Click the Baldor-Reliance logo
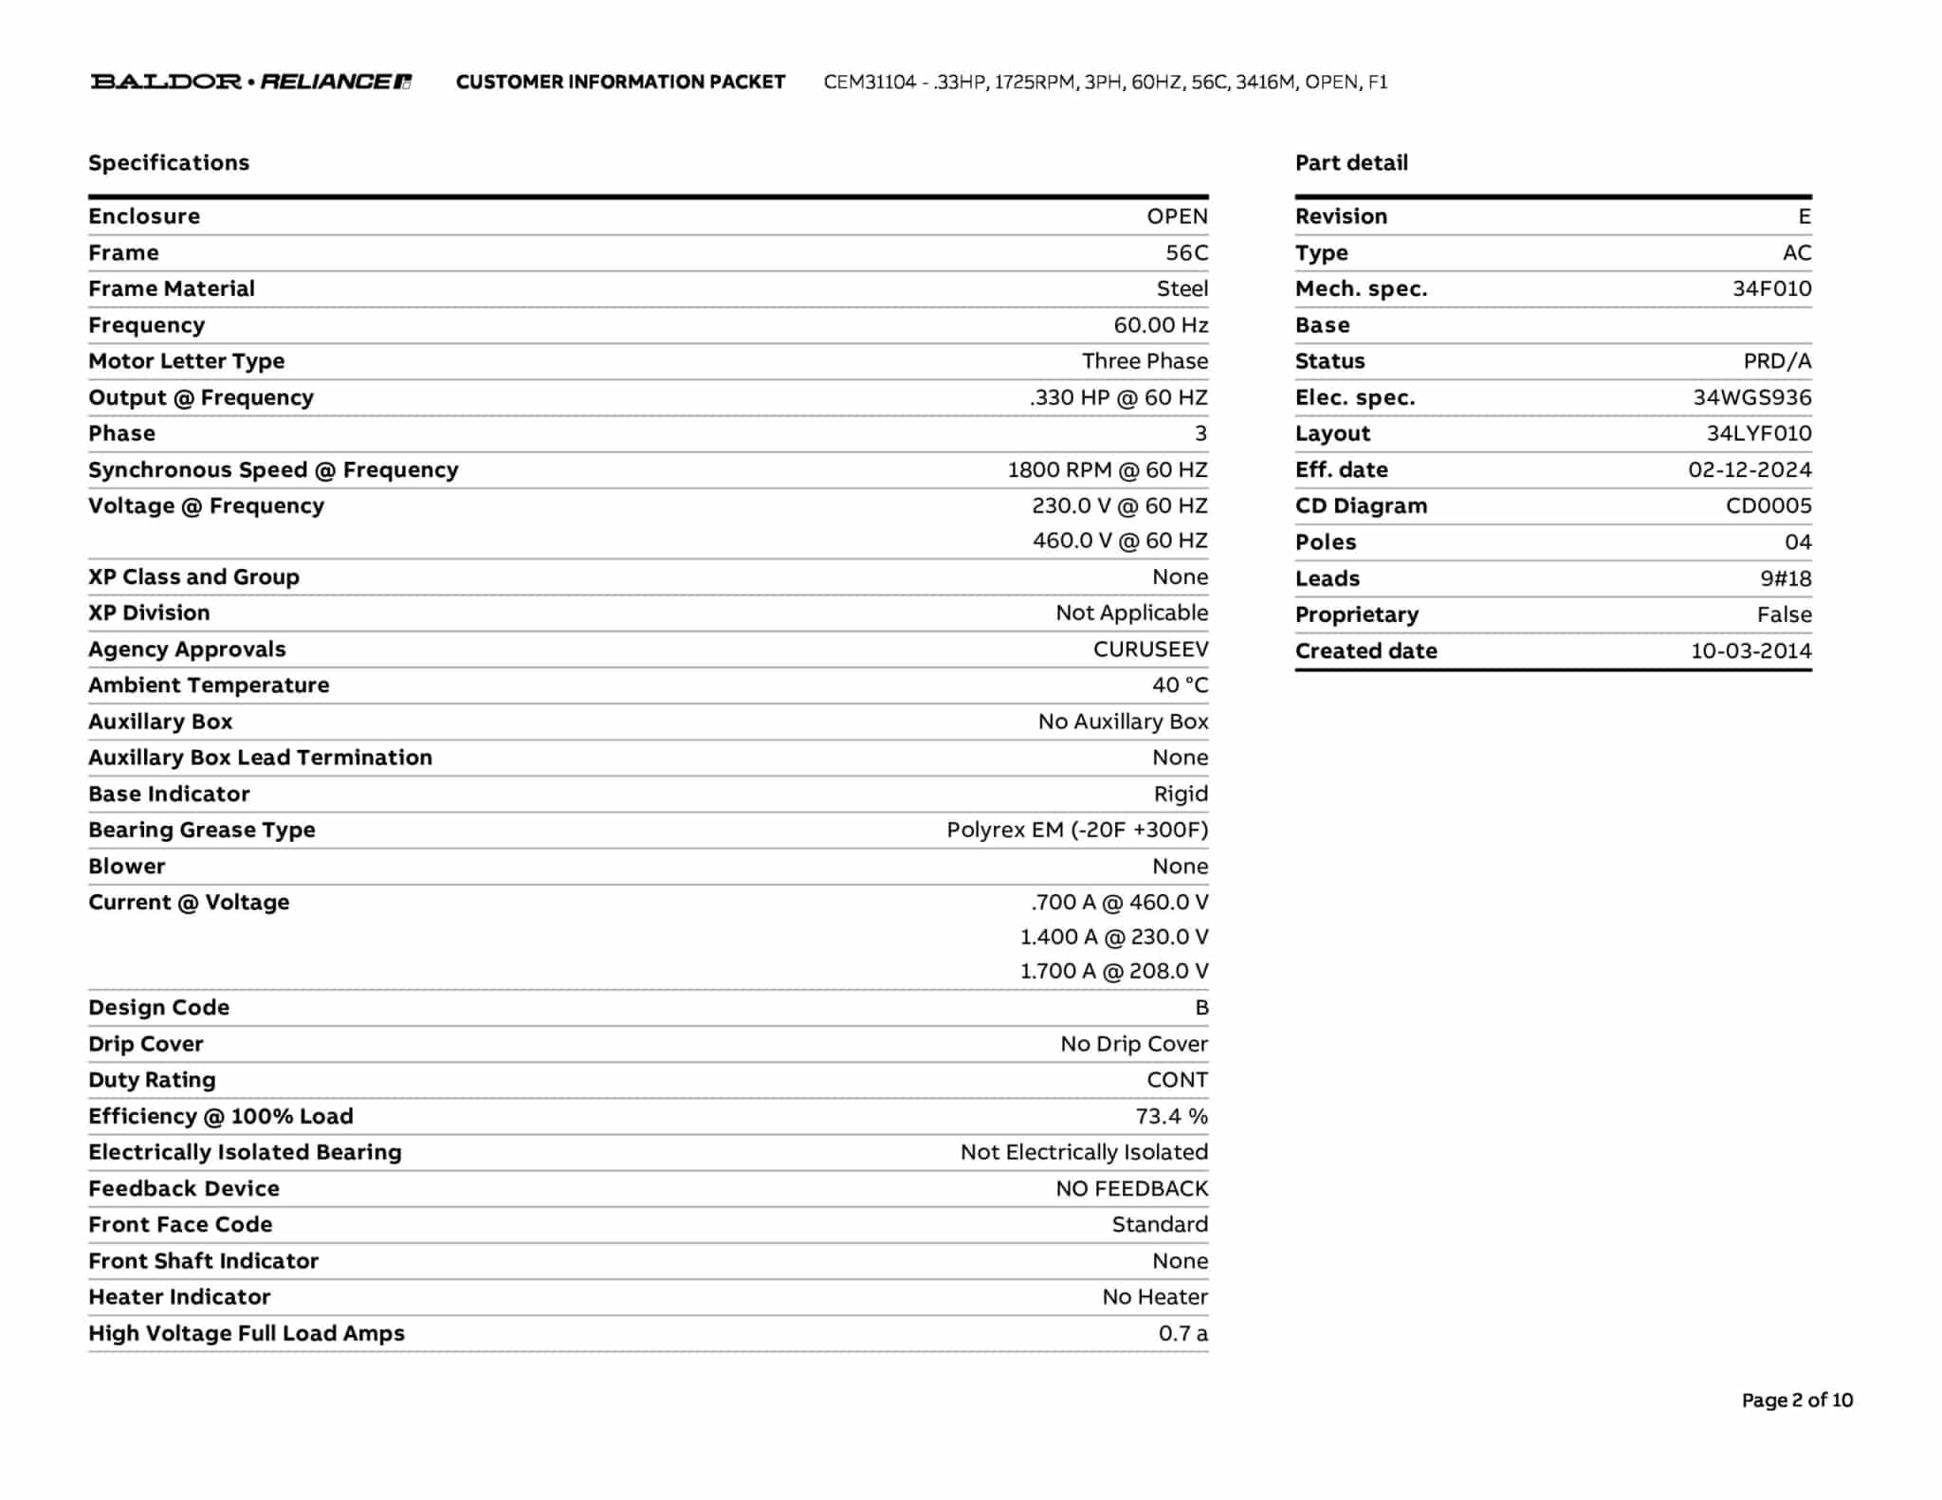click(x=250, y=82)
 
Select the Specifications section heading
click(x=169, y=163)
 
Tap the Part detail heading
click(x=1351, y=163)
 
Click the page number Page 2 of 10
click(x=1796, y=1400)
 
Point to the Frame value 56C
click(x=1186, y=253)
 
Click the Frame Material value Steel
click(x=1182, y=289)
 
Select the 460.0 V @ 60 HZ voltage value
click(x=1119, y=540)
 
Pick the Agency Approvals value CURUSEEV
click(x=1150, y=649)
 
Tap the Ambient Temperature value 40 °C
click(x=1180, y=686)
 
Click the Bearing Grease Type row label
click(x=202, y=830)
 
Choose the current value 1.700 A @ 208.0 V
click(x=1113, y=971)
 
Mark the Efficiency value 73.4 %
click(x=1171, y=1116)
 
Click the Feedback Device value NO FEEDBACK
click(x=1131, y=1189)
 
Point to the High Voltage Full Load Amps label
click(x=247, y=1333)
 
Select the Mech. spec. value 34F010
click(x=1771, y=289)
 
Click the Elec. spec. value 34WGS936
click(x=1751, y=398)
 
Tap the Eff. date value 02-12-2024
click(x=1749, y=470)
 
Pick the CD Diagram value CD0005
click(x=1768, y=506)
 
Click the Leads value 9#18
click(x=1785, y=578)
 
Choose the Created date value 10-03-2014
click(x=1750, y=651)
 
